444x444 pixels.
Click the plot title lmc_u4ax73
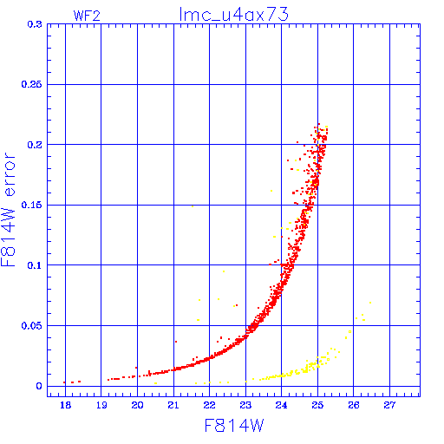click(233, 15)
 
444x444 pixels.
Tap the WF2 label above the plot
click(87, 16)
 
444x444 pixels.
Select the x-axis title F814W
click(234, 426)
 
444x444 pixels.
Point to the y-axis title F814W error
click(8, 210)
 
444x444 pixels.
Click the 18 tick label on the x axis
click(66, 405)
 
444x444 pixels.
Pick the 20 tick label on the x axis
click(137, 405)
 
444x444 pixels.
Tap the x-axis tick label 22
click(209, 405)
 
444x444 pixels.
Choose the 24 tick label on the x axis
click(281, 405)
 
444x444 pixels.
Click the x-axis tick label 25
click(317, 405)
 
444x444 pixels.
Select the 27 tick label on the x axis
click(389, 405)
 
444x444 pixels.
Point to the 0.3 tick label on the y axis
click(35, 24)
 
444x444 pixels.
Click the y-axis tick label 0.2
click(35, 145)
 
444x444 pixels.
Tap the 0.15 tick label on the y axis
click(31, 205)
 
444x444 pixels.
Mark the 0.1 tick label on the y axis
click(35, 265)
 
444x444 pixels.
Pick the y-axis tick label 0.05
click(31, 326)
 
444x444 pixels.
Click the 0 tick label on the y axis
click(39, 386)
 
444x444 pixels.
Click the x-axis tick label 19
click(101, 405)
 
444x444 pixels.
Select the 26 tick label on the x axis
click(353, 405)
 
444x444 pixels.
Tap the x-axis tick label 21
click(173, 405)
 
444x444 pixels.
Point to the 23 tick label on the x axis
click(245, 405)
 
